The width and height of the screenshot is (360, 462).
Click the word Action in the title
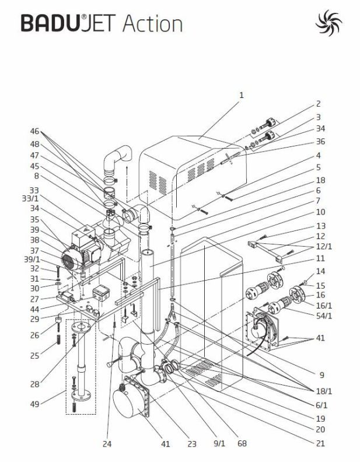click(152, 23)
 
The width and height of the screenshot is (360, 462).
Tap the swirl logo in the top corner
click(328, 23)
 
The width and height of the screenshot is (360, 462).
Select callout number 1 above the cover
click(242, 95)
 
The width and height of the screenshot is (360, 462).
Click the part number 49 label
click(35, 404)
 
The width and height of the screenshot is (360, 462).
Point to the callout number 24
click(107, 444)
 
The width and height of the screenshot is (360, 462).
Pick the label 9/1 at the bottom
click(219, 443)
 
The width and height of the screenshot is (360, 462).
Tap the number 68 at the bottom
click(242, 443)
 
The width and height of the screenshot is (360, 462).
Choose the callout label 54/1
click(324, 316)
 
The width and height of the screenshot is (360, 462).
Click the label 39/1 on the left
click(32, 260)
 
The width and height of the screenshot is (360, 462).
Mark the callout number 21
click(320, 443)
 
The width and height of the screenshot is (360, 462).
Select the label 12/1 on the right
click(324, 246)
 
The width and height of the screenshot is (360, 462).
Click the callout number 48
click(35, 144)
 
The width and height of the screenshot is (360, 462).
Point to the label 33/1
click(31, 198)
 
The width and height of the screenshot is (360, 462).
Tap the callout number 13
click(320, 226)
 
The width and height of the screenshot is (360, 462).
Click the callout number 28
click(35, 384)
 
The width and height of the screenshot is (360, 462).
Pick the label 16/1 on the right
click(324, 305)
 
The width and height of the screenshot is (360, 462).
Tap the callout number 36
click(320, 141)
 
